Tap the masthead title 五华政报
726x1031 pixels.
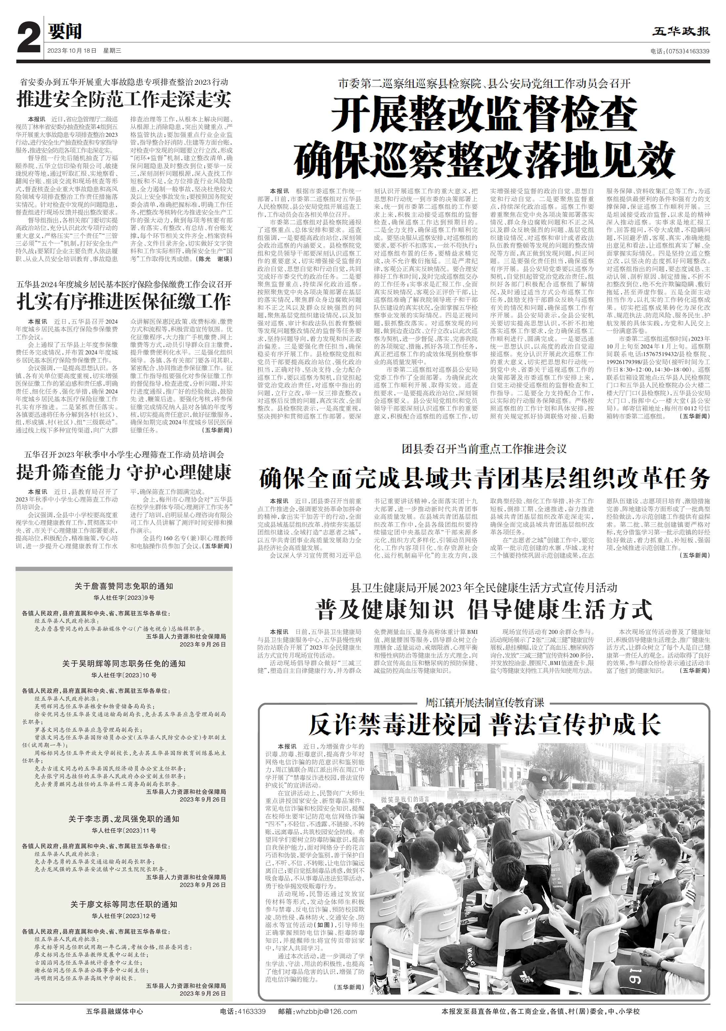point(681,31)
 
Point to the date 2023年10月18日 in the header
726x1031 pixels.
point(72,51)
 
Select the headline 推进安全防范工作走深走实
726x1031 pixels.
point(124,99)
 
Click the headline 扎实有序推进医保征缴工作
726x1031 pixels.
point(124,301)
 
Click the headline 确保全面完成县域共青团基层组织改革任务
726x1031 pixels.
point(484,478)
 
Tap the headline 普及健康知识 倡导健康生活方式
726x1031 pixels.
point(484,610)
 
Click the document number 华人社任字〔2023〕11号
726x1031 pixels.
point(124,830)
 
